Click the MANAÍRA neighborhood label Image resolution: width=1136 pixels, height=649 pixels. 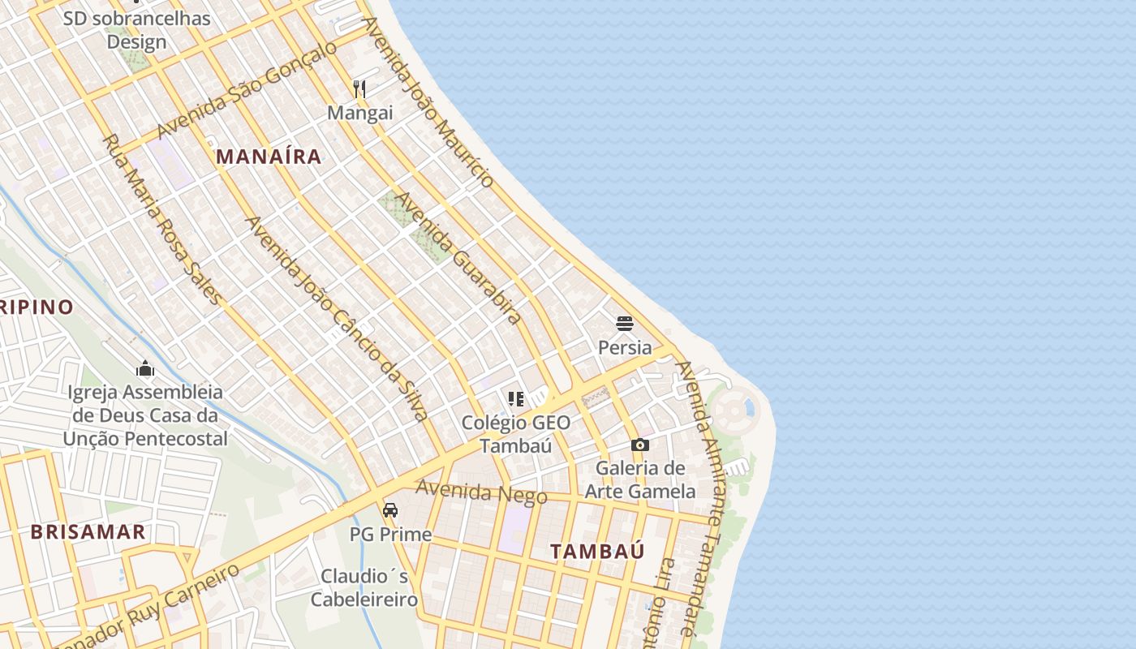click(269, 157)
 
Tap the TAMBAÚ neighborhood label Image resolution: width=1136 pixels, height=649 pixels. click(598, 551)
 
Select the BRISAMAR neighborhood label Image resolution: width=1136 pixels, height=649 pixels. click(88, 532)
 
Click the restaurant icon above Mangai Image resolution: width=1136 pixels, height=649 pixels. click(359, 89)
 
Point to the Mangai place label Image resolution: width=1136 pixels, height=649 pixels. click(359, 113)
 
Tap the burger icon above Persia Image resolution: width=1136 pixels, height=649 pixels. click(624, 324)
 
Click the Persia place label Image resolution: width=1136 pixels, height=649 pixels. click(624, 347)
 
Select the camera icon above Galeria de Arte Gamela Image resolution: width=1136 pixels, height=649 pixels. click(640, 445)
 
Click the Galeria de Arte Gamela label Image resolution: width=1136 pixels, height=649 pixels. click(640, 479)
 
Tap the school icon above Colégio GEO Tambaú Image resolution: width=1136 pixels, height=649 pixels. click(516, 398)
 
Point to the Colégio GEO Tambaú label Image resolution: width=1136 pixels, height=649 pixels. click(516, 434)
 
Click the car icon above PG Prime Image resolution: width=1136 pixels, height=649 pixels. click(390, 510)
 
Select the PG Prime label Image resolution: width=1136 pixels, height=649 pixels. click(390, 535)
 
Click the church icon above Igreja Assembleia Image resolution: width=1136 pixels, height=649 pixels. click(146, 369)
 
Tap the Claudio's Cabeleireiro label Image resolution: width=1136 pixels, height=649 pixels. click(364, 587)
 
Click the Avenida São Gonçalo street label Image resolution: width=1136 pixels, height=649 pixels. click(247, 90)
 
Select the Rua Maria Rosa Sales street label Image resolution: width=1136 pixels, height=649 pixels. click(161, 219)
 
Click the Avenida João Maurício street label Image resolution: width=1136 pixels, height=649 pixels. click(428, 101)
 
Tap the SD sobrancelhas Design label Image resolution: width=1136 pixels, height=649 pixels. click(136, 30)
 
